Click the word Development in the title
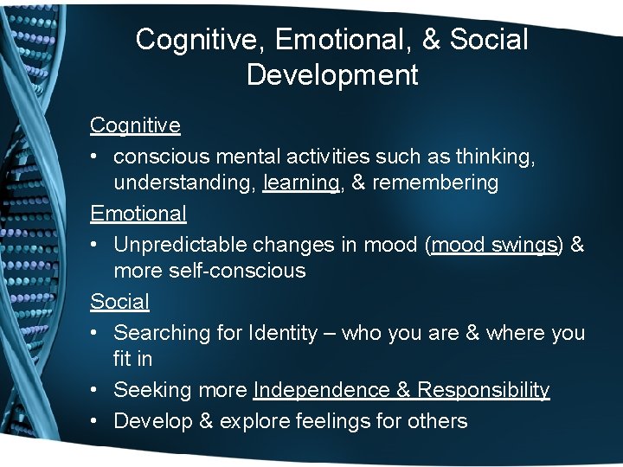pos(332,74)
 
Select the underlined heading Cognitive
pos(135,125)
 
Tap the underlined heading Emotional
pos(138,213)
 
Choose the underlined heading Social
pos(119,302)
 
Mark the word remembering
pos(436,183)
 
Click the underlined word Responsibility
pos(484,390)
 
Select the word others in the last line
pos(439,421)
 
